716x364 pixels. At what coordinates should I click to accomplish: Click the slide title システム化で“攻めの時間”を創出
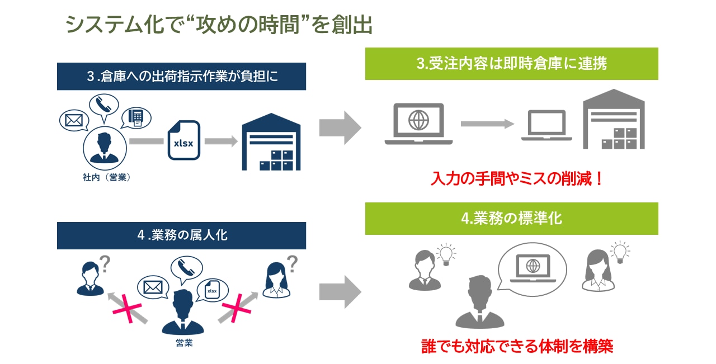[x=219, y=25]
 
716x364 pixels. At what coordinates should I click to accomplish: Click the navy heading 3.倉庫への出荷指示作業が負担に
[x=181, y=77]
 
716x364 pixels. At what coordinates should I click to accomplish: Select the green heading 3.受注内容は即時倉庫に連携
[x=511, y=64]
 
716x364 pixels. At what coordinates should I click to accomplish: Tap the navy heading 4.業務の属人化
[x=181, y=235]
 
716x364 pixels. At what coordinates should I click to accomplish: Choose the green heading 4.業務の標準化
[x=511, y=219]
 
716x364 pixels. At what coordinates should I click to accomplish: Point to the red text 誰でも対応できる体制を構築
[x=517, y=346]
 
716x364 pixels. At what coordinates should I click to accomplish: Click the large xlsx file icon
[x=183, y=140]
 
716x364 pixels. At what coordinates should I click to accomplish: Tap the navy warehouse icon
[x=271, y=142]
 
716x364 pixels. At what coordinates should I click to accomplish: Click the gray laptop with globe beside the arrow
[x=418, y=124]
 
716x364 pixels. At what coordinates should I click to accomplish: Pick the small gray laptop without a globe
[x=547, y=125]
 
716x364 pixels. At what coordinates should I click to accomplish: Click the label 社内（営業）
[x=106, y=178]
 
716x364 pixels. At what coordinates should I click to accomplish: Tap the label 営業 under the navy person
[x=184, y=343]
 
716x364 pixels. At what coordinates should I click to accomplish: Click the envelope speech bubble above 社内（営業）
[x=74, y=120]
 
